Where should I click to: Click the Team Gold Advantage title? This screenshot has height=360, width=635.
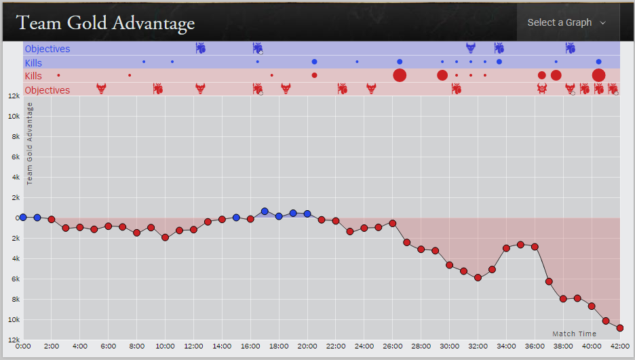pos(105,23)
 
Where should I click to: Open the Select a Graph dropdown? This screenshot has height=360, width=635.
pos(566,22)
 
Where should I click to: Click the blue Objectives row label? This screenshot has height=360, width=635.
pos(47,49)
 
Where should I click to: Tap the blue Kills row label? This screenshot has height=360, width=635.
pos(33,62)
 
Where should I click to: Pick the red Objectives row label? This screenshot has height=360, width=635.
pos(47,90)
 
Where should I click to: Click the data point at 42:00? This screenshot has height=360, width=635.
pos(620,328)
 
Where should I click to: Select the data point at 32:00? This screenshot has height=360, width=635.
pos(478,278)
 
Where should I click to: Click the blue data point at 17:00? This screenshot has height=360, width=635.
pos(265,212)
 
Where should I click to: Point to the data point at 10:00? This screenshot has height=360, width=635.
pos(165,237)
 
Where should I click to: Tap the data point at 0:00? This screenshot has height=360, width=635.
pos(23,218)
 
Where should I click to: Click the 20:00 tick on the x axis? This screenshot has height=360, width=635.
pos(307,346)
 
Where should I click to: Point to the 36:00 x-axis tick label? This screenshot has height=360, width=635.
pos(535,346)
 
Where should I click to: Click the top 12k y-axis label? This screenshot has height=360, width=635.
pos(13,96)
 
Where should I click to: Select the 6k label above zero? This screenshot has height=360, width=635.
pos(13,157)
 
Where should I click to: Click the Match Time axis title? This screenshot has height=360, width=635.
pos(574,334)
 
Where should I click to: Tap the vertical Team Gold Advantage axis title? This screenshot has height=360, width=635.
pos(30,143)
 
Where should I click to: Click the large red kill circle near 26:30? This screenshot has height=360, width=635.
pos(400,75)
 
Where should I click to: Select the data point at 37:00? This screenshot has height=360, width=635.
pos(549,281)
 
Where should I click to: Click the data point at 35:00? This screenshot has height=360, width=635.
pos(520,244)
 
